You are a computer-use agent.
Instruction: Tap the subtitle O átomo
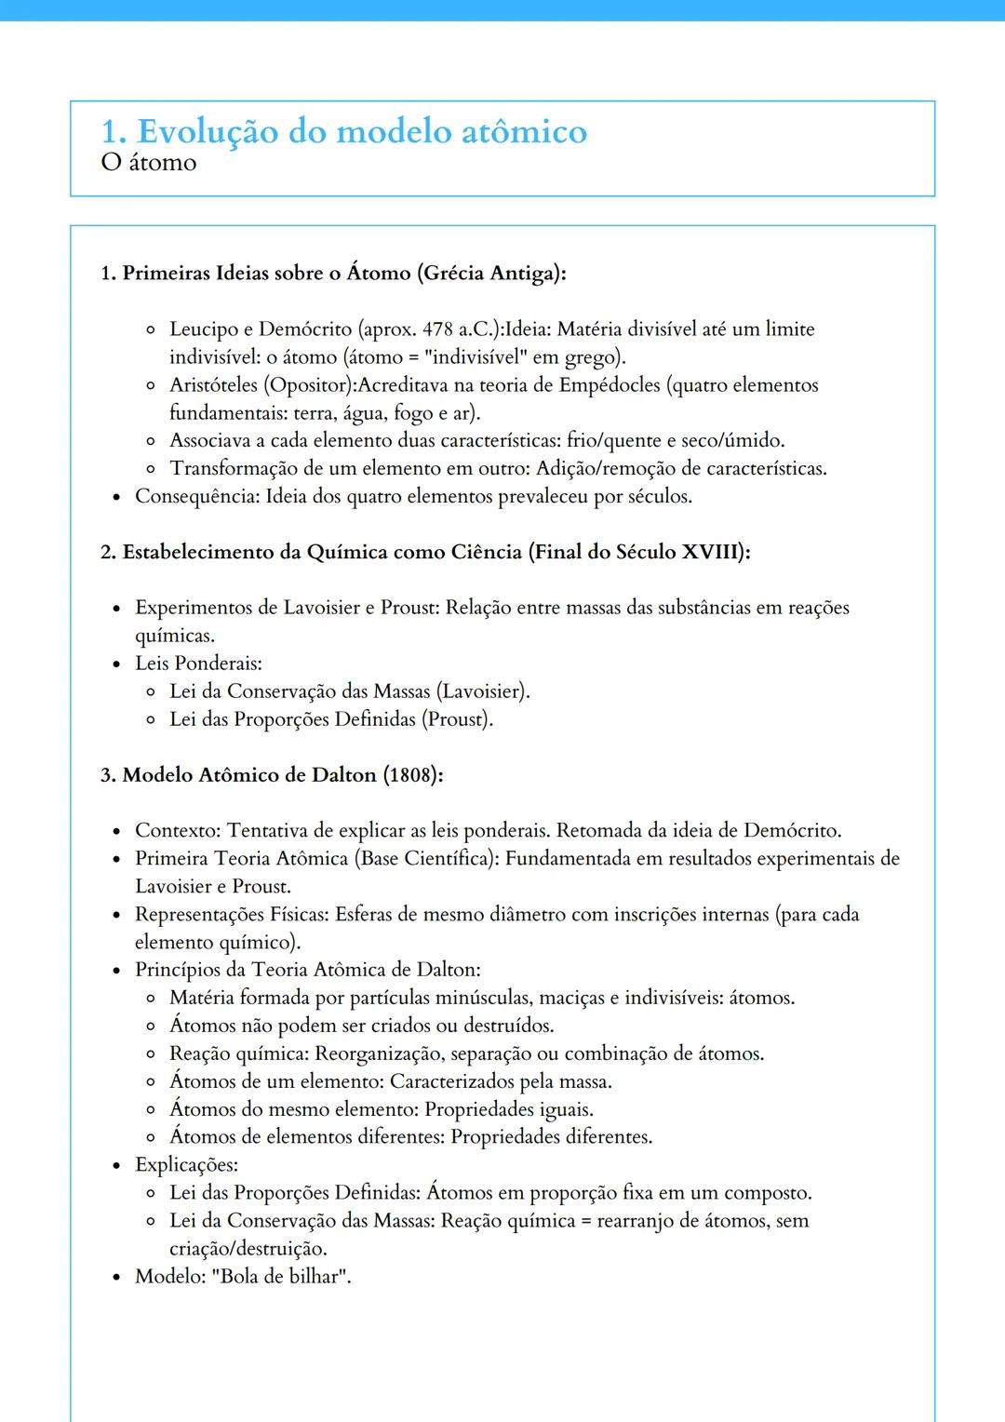coord(149,163)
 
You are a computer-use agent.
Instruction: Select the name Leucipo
coord(204,329)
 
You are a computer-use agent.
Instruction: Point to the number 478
coord(437,329)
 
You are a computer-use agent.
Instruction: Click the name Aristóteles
coord(213,385)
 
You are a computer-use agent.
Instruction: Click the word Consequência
coord(196,496)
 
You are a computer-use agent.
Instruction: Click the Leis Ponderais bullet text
coord(198,664)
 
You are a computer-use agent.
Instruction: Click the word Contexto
coord(177,830)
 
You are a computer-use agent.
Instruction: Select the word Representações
coord(202,914)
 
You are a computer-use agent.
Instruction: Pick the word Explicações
coord(185,1165)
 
